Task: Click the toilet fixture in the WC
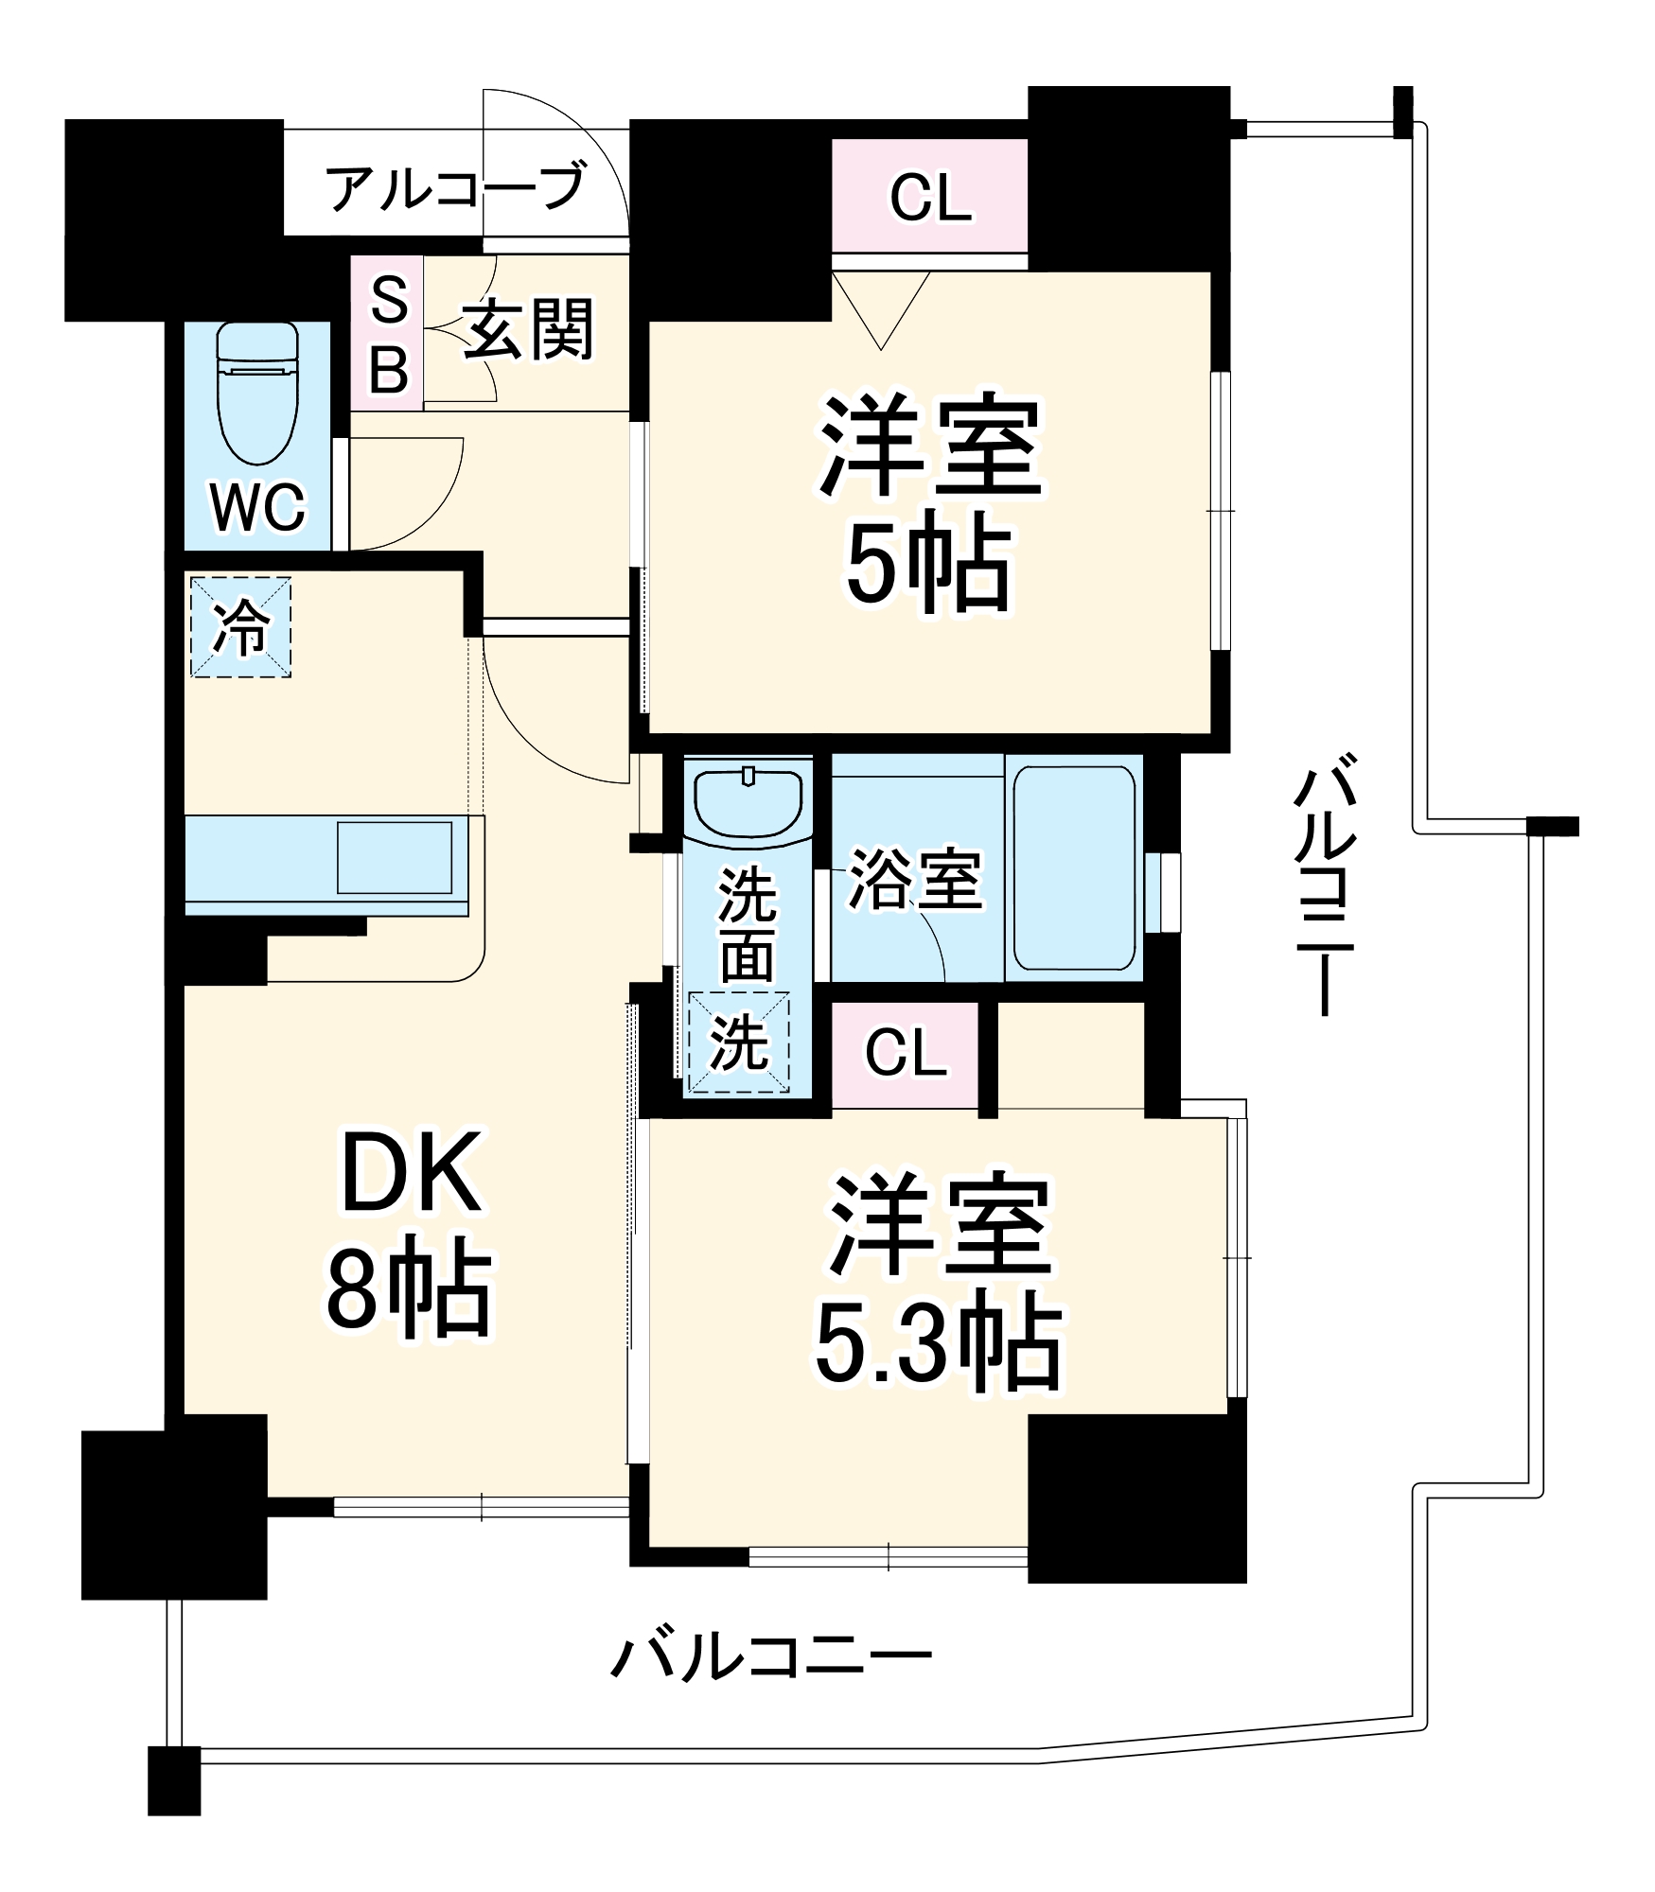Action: [257, 393]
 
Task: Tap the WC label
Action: [257, 508]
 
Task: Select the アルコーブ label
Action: [455, 186]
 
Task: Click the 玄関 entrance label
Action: [528, 330]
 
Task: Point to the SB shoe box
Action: [388, 334]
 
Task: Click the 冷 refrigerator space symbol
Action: [240, 627]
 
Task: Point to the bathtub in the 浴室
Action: [1075, 868]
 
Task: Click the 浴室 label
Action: [914, 880]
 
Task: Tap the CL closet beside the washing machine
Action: [906, 1054]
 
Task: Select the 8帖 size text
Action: [409, 1291]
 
